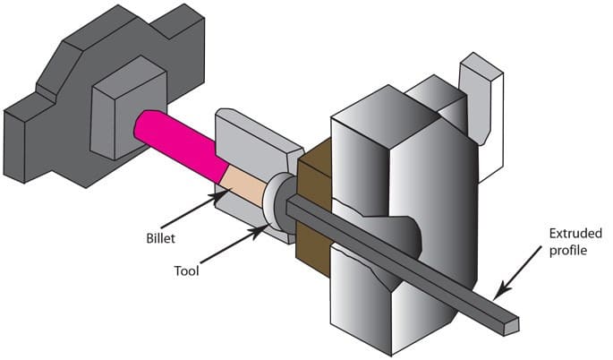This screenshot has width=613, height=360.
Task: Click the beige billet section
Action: (243, 184)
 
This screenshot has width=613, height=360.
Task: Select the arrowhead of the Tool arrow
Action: (262, 230)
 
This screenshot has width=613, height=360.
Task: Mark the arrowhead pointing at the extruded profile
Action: (496, 293)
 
